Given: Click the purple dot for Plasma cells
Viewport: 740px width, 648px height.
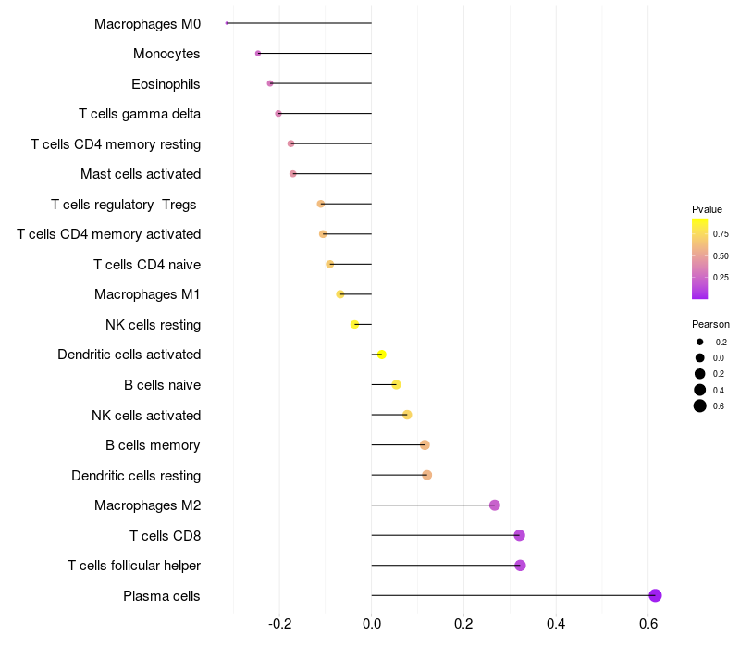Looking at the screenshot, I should [x=655, y=595].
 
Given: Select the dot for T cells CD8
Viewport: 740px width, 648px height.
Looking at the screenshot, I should [x=519, y=535].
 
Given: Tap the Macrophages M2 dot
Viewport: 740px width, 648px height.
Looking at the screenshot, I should [x=495, y=505].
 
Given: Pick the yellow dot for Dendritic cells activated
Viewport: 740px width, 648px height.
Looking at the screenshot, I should [x=381, y=355].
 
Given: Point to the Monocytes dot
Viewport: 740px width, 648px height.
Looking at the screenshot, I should [x=258, y=54].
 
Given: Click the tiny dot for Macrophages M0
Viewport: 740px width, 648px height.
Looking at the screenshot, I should [x=227, y=23].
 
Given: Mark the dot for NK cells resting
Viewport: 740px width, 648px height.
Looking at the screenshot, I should [x=354, y=324].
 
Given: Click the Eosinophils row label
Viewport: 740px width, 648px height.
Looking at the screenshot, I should [x=166, y=84].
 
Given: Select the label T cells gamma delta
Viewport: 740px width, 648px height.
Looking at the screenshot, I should [x=140, y=114].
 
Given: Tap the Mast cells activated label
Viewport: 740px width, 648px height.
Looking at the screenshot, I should [x=141, y=174].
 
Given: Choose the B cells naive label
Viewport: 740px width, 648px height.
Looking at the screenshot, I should [x=162, y=385].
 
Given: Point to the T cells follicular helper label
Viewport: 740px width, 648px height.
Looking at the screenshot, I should [x=134, y=566].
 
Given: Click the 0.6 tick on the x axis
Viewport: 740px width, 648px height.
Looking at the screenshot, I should [x=648, y=624].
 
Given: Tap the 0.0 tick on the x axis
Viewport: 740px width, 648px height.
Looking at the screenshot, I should [x=372, y=624].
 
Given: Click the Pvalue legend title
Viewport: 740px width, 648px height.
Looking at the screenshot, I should [x=707, y=209].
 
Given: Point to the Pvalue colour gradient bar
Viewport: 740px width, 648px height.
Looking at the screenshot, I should [x=699, y=259].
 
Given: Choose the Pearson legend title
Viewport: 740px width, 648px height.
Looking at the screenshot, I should [x=710, y=324].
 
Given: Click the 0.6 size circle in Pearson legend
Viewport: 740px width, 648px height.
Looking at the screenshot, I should [x=700, y=405].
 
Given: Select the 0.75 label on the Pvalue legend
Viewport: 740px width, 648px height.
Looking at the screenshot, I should [x=721, y=233].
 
